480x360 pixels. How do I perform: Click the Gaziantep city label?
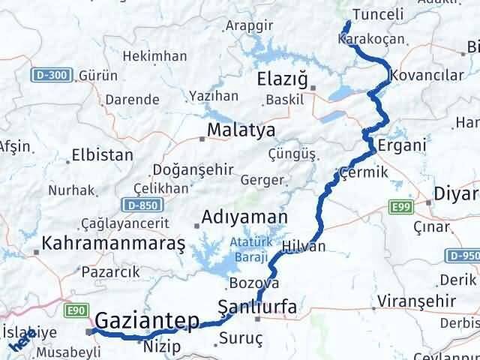(x=147, y=320)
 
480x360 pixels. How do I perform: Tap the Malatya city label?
(x=231, y=130)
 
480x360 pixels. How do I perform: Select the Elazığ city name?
(x=283, y=79)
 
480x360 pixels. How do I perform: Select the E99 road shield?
(x=402, y=204)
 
